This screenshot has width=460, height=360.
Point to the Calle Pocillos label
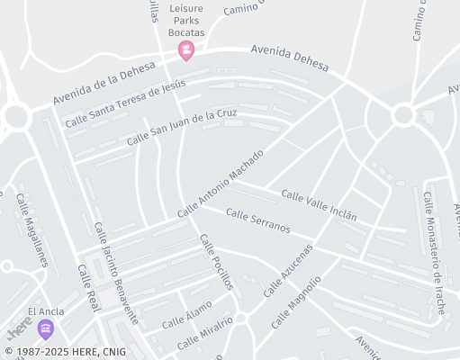coord(216,262)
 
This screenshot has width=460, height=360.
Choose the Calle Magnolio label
coord(295,301)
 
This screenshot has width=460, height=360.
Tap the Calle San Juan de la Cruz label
coord(182,125)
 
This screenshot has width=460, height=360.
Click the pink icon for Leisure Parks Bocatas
coord(186,50)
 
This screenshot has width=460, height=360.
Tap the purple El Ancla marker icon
coord(45,329)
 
